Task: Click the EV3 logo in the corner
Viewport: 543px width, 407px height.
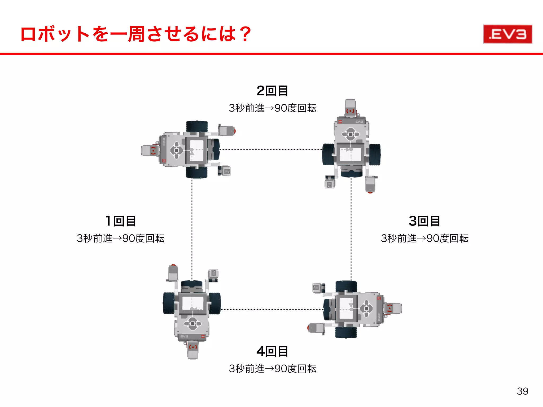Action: point(507,34)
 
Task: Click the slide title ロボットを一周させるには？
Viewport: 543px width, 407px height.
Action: point(136,34)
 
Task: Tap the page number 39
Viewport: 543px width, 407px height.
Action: point(522,391)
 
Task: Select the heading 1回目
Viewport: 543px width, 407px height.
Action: point(121,221)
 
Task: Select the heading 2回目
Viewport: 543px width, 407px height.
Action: point(272,91)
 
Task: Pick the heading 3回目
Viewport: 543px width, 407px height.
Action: point(424,221)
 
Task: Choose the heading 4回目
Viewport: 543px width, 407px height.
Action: point(272,351)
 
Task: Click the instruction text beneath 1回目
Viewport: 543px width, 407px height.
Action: point(121,238)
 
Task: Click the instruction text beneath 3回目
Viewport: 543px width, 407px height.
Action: point(424,238)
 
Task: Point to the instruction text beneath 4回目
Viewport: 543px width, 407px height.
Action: point(273,369)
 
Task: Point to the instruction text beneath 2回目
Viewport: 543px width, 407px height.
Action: point(273,108)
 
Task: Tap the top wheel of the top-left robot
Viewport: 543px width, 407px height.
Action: point(197,127)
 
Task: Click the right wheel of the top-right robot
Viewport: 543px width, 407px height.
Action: point(375,154)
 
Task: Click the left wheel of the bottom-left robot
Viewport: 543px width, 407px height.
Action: point(169,303)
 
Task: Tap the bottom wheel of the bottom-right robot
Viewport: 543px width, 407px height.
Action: point(346,332)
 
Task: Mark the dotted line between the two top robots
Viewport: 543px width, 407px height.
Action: point(270,149)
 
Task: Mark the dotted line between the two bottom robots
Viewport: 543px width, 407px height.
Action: point(272,309)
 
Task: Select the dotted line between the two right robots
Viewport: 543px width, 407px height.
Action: point(351,228)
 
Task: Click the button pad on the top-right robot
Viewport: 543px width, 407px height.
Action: point(351,134)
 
